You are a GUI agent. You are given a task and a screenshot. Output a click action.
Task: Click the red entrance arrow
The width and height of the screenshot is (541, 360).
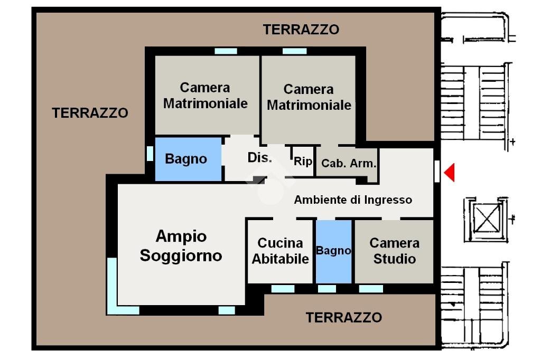449,173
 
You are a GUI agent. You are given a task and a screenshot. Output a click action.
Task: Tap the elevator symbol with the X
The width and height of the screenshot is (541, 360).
486,218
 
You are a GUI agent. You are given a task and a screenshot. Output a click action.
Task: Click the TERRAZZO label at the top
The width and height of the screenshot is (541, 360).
301,30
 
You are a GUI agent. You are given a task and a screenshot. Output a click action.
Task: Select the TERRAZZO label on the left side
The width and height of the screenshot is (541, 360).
90,113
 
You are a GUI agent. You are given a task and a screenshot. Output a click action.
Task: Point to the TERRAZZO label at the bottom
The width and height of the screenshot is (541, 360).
343,318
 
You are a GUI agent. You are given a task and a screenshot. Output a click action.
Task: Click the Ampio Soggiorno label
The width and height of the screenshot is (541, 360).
181,246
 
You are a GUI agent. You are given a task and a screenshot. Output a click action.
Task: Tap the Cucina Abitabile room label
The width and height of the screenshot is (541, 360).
280,251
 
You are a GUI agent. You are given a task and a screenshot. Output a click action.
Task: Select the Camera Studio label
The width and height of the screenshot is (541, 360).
394,251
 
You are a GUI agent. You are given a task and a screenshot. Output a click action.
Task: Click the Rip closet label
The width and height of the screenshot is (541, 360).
303,162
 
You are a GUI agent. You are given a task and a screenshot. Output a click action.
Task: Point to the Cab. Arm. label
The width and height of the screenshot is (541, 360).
349,164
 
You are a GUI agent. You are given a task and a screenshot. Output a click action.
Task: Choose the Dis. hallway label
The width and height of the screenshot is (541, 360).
259,158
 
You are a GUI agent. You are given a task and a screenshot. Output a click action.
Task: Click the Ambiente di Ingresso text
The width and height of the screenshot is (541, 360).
353,200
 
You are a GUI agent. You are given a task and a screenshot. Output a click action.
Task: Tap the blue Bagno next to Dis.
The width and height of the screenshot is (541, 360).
186,159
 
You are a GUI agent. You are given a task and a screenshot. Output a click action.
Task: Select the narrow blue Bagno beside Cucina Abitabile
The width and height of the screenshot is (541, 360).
333,251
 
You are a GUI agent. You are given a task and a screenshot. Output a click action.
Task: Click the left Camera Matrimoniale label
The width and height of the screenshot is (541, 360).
205,96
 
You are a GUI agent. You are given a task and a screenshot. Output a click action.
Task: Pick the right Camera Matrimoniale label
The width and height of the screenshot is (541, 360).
309,97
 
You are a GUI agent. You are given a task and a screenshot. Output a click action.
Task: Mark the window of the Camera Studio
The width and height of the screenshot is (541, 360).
371,289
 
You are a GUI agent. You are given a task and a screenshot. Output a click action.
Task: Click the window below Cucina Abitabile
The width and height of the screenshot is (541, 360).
283,289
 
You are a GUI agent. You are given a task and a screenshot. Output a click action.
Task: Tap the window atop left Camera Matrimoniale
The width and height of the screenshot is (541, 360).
226,51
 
